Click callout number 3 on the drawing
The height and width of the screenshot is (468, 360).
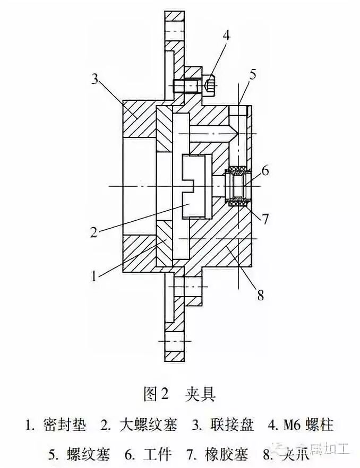click(95, 80)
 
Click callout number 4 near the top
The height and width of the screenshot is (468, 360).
click(226, 36)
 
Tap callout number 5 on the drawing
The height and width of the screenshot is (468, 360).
click(253, 75)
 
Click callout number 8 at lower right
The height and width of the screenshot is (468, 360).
click(260, 294)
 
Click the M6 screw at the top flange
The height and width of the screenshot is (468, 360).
click(194, 84)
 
